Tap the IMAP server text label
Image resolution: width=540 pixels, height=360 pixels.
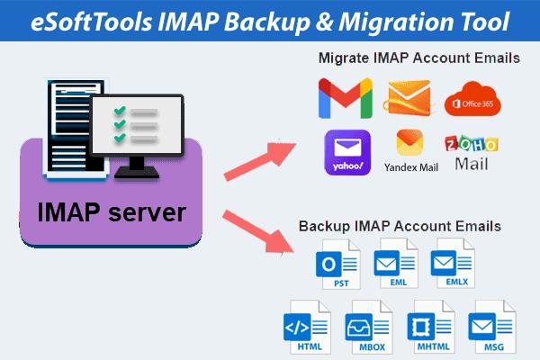point(112,212)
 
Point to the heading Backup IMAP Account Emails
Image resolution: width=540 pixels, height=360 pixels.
point(400,224)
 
